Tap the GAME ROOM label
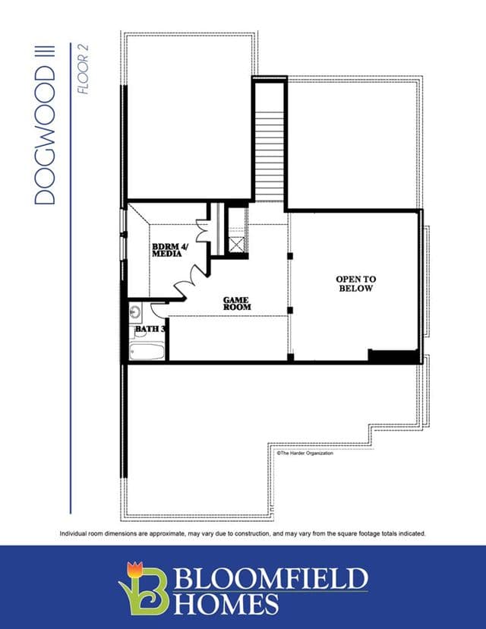coord(237,303)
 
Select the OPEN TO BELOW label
coord(355,283)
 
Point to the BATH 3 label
coord(150,329)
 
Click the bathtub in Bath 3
coord(147,351)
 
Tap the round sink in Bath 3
coord(135,311)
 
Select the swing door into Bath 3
coord(157,310)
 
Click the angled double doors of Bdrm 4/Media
coord(191,283)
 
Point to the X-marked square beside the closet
coord(237,245)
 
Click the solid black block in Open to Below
coord(393,356)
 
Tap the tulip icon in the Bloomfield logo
coord(134,569)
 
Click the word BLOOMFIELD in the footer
coord(270,578)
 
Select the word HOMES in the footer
coord(226,604)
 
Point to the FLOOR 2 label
coord(83,69)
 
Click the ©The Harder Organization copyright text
coord(305,454)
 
